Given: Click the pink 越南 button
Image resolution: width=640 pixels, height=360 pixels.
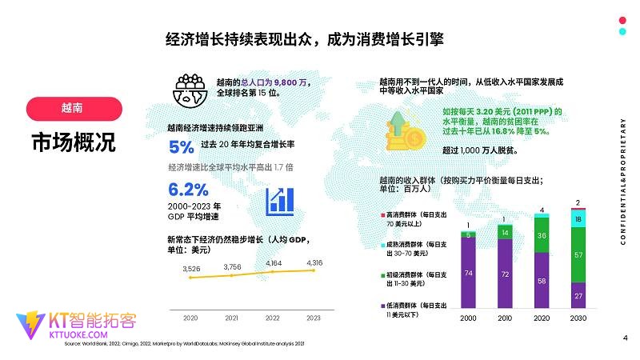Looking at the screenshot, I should click(74, 108).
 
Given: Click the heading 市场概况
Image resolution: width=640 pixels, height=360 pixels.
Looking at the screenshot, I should click(74, 142).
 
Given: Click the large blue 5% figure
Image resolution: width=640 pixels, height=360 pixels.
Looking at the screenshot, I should click(182, 147).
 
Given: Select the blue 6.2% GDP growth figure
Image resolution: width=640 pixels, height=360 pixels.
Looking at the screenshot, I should click(188, 190).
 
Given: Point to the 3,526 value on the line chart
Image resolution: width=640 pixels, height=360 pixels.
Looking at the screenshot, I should click(190, 269).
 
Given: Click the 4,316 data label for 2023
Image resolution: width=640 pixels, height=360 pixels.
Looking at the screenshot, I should click(314, 262).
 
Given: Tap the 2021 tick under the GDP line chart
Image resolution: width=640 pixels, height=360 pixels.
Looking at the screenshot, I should click(232, 318).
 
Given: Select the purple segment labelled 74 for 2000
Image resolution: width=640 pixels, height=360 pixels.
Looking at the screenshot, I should click(469, 273).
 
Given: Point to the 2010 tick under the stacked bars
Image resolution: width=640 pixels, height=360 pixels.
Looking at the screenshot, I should click(506, 318).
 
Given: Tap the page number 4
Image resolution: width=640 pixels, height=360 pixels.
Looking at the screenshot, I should click(624, 338).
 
